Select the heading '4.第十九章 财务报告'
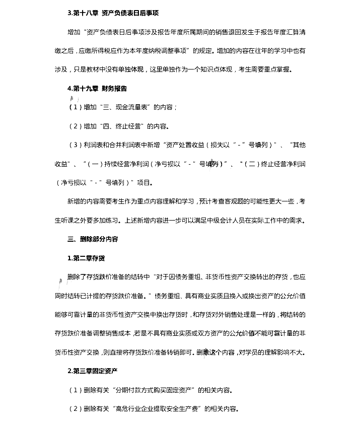coord(97,88)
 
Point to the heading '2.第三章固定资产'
coord(93,371)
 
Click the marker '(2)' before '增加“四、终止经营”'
coord(74,126)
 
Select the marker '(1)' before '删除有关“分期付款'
coord(74,390)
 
